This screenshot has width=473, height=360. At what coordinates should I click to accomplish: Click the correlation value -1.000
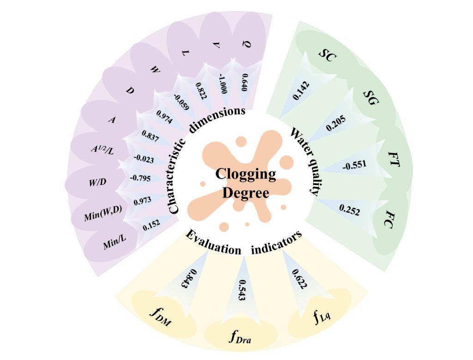click(223, 84)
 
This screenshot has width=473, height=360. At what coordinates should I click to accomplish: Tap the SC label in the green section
click(327, 55)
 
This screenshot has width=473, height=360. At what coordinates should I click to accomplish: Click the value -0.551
click(354, 165)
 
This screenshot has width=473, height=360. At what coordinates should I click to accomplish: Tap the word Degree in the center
click(245, 192)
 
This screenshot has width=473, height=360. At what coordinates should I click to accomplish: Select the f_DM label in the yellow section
click(160, 317)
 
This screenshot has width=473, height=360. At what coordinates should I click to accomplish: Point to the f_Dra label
click(241, 336)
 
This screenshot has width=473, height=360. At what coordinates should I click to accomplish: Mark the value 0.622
click(299, 279)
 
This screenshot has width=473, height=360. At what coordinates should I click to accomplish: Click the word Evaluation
click(212, 243)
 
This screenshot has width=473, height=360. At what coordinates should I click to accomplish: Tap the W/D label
click(97, 182)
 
